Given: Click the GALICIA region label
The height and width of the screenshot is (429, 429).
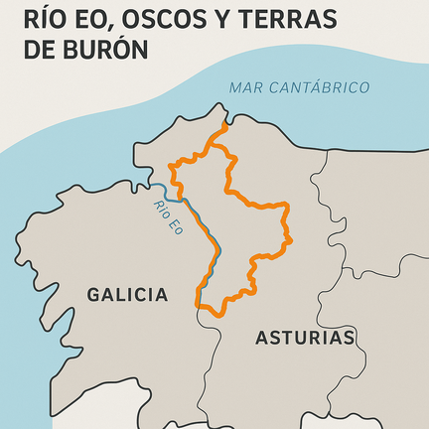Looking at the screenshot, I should pos(127,295).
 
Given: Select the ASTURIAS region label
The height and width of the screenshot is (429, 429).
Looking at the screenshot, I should pos(305,338).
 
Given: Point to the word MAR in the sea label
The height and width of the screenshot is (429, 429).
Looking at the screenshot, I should pos(246,87).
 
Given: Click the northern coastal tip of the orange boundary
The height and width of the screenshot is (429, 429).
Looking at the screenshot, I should pos(225,126).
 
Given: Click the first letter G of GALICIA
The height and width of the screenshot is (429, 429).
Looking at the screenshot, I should pos(94,295).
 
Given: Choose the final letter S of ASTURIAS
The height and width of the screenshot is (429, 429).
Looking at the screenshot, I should pos(349,338).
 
